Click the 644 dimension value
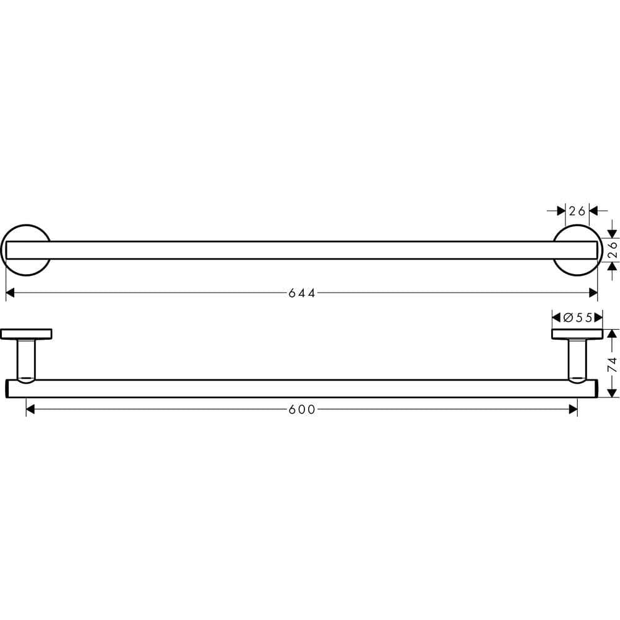(x=302, y=293)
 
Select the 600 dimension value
(x=302, y=409)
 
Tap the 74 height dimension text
(x=612, y=363)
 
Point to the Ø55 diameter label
(x=577, y=317)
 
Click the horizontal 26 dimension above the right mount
(x=577, y=211)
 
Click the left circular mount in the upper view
(x=27, y=250)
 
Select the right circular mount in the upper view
(x=577, y=250)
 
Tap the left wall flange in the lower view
(x=27, y=334)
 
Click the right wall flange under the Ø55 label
(x=577, y=334)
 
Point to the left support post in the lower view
(x=27, y=358)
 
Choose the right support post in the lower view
(x=577, y=358)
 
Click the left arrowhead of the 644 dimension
(x=11, y=293)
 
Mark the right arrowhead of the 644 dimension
(x=593, y=293)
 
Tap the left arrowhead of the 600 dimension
(x=31, y=409)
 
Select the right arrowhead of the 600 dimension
(x=572, y=409)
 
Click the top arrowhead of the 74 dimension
(x=612, y=334)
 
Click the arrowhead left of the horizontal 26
(x=560, y=211)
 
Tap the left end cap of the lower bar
(x=7, y=388)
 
